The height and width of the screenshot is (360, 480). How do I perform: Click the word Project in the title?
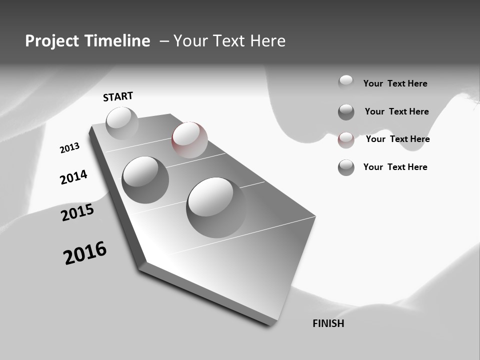52,41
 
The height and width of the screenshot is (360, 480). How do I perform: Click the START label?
118,96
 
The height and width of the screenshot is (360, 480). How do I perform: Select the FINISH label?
328,323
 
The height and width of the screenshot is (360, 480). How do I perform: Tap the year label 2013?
69,148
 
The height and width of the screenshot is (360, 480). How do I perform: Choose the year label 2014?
73,177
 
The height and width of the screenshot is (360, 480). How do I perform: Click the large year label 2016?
85,253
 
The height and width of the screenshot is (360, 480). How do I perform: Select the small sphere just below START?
122,123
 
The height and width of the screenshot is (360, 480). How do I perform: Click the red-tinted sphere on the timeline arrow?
189,140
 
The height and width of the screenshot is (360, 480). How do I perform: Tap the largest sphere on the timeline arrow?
216,206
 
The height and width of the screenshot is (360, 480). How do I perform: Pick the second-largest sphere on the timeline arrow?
145,179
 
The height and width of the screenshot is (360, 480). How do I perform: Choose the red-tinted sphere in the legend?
346,140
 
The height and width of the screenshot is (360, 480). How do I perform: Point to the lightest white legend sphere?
346,82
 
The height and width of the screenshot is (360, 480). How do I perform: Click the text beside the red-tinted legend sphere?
397,139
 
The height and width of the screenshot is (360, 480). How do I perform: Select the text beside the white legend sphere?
395,83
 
